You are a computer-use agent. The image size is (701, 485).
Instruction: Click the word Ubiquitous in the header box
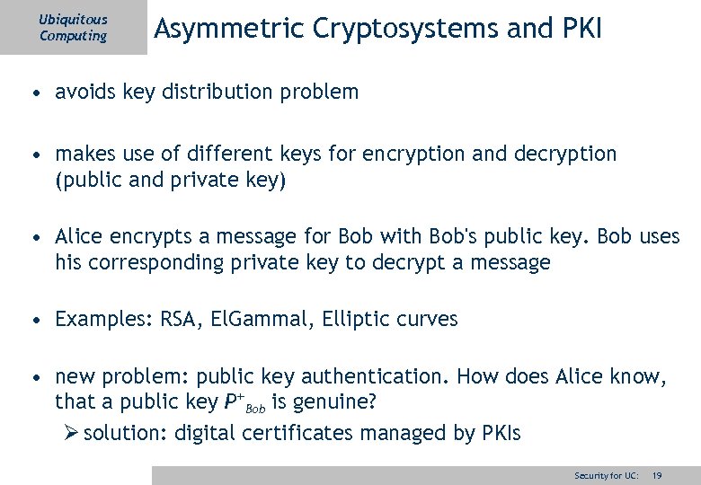(73, 19)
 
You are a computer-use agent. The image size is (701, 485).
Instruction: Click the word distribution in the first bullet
(228, 92)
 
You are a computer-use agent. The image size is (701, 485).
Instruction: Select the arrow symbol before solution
(73, 434)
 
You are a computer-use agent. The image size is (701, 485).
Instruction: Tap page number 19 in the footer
(657, 474)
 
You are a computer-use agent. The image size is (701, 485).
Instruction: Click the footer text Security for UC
(607, 474)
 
